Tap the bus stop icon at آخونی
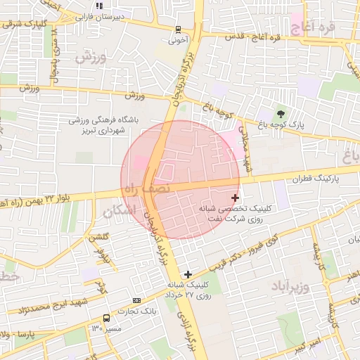179,30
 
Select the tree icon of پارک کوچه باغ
281,114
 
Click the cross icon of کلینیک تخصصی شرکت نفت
235,198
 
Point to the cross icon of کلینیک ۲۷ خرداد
187,273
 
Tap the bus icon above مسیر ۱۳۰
106,318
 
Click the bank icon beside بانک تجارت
146,301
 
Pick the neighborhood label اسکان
117,210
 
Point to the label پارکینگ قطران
318,179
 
